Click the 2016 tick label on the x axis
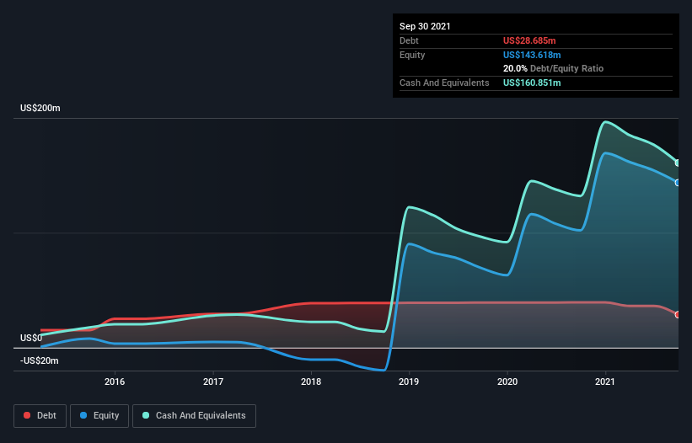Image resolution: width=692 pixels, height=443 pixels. coord(115,382)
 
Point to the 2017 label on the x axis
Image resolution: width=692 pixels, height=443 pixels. coord(213,382)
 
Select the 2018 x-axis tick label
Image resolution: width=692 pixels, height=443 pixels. coord(311,382)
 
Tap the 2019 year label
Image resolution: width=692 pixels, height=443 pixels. coord(410,382)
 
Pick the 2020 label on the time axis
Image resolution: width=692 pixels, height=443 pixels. coord(507,382)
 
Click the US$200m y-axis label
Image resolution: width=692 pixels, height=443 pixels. coord(40,109)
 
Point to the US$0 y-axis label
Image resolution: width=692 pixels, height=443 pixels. coord(31,338)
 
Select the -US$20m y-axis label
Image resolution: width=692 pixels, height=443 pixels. coord(39,360)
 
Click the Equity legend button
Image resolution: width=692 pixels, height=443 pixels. coord(100,415)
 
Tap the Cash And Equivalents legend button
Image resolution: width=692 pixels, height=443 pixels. coord(194,415)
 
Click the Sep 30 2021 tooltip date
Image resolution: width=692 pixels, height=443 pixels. coord(425,26)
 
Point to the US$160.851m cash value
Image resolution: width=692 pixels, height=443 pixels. coord(534,83)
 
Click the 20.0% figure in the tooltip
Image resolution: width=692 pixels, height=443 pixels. coord(515,68)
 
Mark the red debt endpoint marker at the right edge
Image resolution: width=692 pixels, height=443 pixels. coord(678,314)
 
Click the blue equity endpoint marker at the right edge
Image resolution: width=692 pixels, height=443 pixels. coord(678,182)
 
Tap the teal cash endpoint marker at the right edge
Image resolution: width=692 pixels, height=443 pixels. coord(678,163)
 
